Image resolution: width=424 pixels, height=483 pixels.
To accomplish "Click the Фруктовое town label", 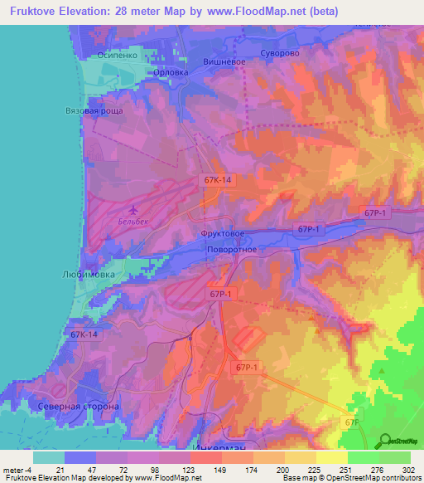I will tap(222, 234).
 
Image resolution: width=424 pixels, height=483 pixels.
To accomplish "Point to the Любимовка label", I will tap(92, 273).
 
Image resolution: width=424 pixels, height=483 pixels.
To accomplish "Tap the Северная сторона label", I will tap(79, 407).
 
